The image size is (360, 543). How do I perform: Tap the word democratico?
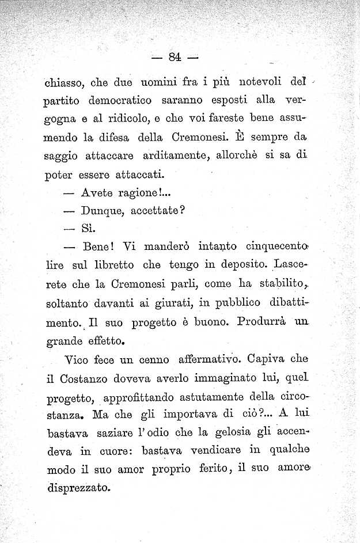120,100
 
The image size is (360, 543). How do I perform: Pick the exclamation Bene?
101,246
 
